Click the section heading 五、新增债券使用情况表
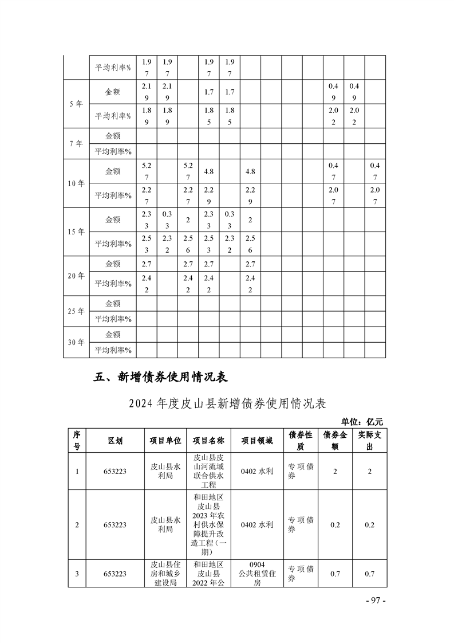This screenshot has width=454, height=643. tap(161, 377)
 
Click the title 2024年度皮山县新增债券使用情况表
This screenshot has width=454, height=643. tap(227, 403)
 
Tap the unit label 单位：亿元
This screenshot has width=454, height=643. tap(362, 422)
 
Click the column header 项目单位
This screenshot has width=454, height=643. tap(165, 440)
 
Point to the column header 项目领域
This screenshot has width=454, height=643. tap(257, 440)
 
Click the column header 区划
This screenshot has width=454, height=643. tap(115, 440)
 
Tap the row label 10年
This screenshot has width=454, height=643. tap(76, 183)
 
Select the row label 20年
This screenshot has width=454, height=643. tap(76, 276)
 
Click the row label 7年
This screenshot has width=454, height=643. tap(76, 144)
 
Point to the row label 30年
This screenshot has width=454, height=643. tap(76, 343)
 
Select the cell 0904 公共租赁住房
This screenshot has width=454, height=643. tap(257, 573)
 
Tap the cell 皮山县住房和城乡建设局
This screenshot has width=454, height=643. tap(165, 573)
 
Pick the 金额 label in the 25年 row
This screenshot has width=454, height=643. tap(113, 303)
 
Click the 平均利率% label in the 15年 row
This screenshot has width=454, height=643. tap(113, 244)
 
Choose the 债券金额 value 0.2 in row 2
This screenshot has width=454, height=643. tap(335, 524)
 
